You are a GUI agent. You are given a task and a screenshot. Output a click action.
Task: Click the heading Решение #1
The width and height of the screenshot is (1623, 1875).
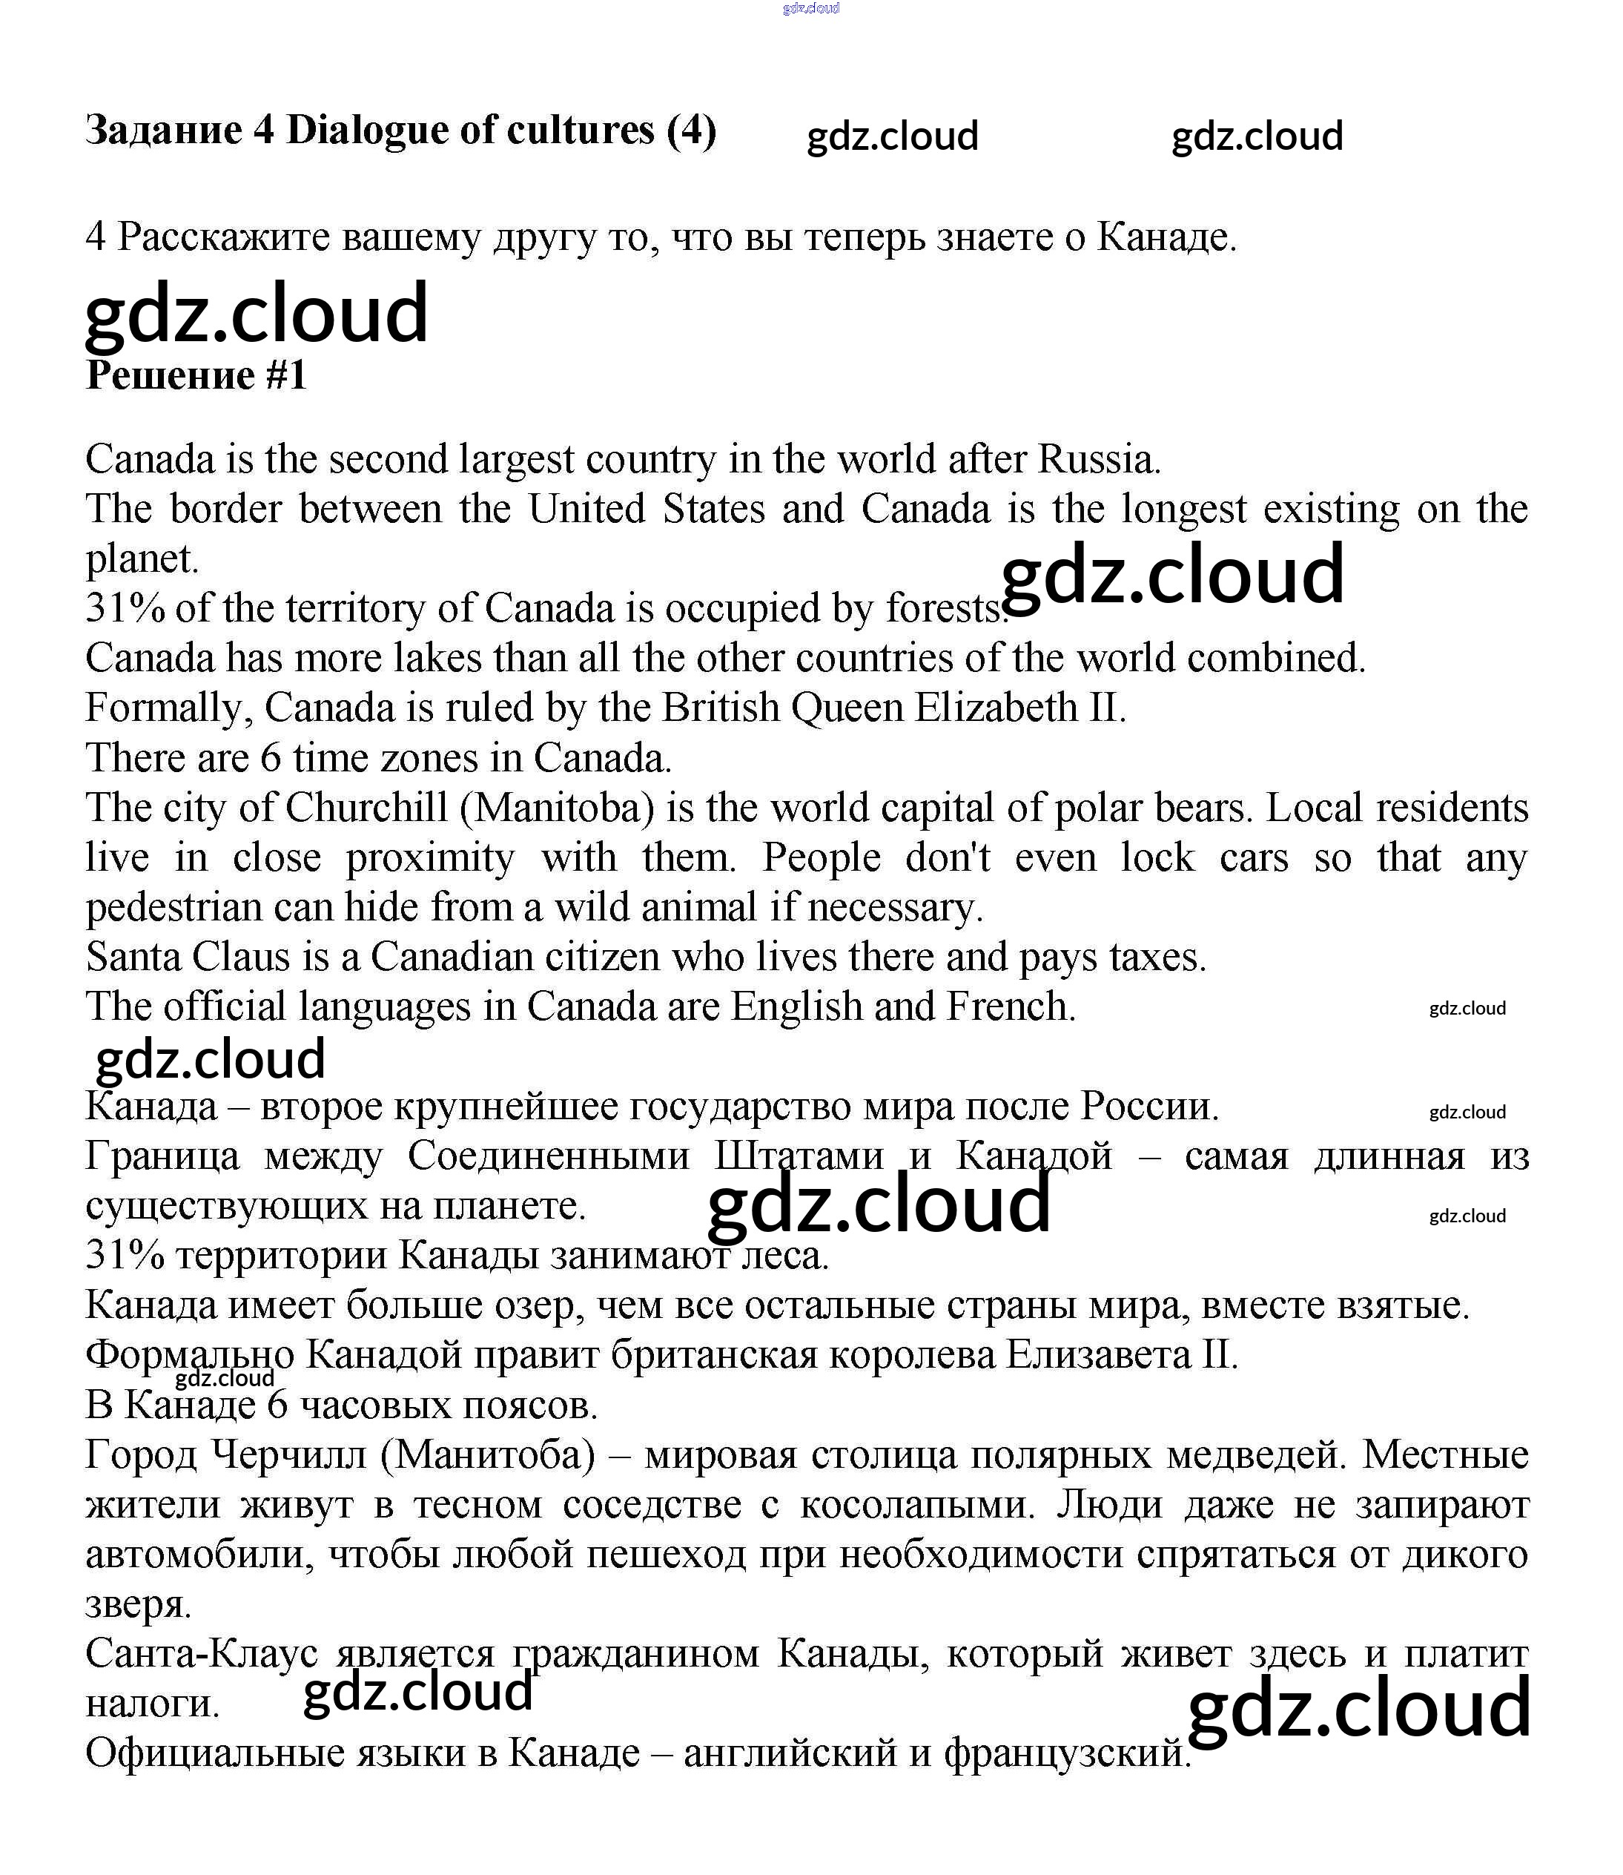tap(196, 375)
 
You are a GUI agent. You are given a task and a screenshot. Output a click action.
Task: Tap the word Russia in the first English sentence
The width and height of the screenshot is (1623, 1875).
tap(1098, 459)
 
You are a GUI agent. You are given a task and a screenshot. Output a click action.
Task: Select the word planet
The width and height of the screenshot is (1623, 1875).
tap(142, 559)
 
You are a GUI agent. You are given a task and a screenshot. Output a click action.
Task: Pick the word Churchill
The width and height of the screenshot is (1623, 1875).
tap(367, 807)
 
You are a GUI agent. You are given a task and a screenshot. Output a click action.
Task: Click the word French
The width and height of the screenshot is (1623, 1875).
tap(1010, 1006)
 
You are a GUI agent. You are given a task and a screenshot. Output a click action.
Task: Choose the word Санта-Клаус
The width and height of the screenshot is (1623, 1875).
tap(201, 1654)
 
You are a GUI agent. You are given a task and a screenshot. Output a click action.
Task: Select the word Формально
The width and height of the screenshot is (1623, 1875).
tap(189, 1355)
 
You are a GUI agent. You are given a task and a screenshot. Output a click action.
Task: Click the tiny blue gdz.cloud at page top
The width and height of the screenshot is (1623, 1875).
tap(810, 8)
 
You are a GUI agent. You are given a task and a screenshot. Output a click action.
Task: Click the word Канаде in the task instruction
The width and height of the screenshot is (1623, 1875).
tap(1165, 237)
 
